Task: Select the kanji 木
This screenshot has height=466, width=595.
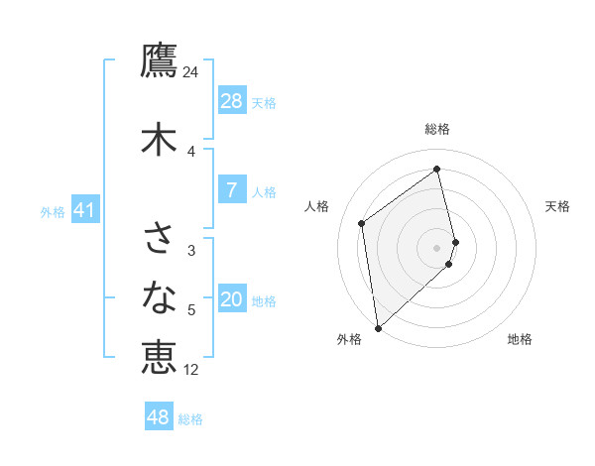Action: pyautogui.click(x=159, y=140)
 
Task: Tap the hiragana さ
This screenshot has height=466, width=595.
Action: pyautogui.click(x=159, y=238)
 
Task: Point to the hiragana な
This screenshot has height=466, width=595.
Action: pyautogui.click(x=159, y=297)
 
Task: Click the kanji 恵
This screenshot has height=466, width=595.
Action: pyautogui.click(x=159, y=357)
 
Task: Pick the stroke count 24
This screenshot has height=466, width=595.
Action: pyautogui.click(x=190, y=72)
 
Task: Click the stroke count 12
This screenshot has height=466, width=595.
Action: pyautogui.click(x=191, y=370)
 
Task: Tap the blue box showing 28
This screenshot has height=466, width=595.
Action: pyautogui.click(x=231, y=101)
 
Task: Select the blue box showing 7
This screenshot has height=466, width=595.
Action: pyautogui.click(x=231, y=190)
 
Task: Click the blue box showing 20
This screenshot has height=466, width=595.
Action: pyautogui.click(x=231, y=299)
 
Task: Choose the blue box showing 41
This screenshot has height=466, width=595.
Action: pyautogui.click(x=85, y=210)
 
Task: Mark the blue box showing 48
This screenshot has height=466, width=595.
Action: pyautogui.click(x=158, y=417)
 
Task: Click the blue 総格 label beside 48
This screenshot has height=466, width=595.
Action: pyautogui.click(x=190, y=419)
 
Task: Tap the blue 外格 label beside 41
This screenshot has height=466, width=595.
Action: pyautogui.click(x=53, y=212)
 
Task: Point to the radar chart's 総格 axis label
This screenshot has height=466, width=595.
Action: pyautogui.click(x=437, y=129)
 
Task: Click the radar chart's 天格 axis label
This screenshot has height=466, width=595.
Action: pyautogui.click(x=557, y=206)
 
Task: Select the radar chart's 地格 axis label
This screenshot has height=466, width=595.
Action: pyautogui.click(x=520, y=339)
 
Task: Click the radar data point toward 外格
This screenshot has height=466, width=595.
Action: pyautogui.click(x=377, y=327)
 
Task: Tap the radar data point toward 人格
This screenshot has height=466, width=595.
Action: pyautogui.click(x=362, y=223)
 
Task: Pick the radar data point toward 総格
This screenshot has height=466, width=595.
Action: pyautogui.click(x=437, y=169)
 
